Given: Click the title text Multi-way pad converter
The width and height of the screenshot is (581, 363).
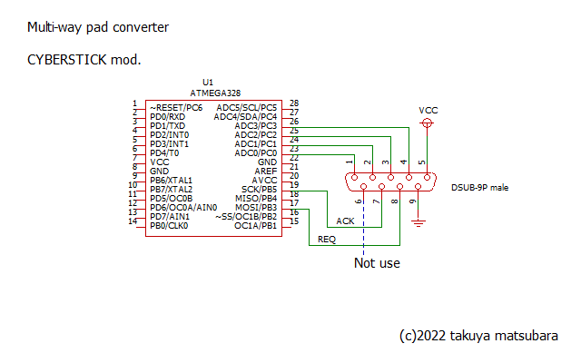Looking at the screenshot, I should (98, 27).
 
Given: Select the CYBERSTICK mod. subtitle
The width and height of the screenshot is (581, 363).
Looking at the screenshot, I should (84, 61).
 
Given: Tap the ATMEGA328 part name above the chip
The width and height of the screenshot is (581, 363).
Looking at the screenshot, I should (215, 93).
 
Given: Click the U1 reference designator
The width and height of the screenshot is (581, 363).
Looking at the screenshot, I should (208, 83).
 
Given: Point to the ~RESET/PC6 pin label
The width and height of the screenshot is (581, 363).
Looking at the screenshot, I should (176, 108).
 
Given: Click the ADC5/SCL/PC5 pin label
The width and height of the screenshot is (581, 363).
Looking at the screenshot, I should (246, 108).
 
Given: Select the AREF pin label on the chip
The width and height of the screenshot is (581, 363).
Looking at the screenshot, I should (266, 171).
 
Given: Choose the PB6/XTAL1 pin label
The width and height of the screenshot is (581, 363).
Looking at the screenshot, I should (172, 180).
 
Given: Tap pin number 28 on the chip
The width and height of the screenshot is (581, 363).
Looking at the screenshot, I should (294, 103).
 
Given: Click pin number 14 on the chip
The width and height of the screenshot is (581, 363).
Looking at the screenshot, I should (133, 221).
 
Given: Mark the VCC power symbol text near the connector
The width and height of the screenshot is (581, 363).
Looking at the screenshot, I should (428, 110).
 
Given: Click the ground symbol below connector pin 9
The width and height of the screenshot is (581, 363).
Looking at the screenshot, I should (418, 221).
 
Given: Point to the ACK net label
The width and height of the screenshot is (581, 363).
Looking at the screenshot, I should (345, 221).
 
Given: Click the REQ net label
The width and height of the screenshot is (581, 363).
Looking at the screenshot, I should (326, 240).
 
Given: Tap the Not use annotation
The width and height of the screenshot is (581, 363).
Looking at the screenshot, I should (377, 263).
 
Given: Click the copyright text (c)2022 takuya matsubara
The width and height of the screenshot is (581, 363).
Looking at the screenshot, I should (478, 336).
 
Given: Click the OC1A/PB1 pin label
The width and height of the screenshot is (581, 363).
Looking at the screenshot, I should (255, 225).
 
